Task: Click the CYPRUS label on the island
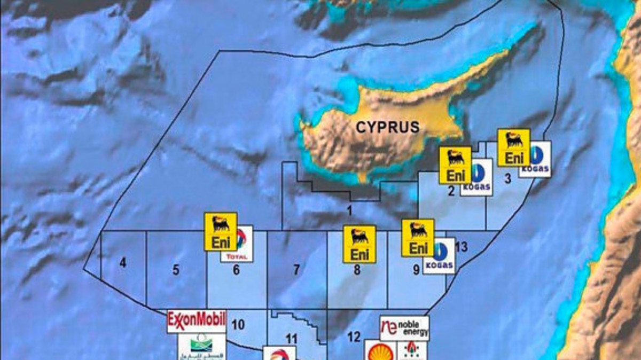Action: [x=388, y=127]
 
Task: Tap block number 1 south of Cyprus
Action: [x=349, y=210]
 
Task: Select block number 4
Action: [x=123, y=263]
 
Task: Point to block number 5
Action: [x=176, y=270]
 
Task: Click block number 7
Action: [x=296, y=270]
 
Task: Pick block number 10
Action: [x=238, y=324]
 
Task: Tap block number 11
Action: [x=291, y=338]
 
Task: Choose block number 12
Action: [x=354, y=336]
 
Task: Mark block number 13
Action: [x=462, y=247]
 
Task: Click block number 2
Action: [x=451, y=191]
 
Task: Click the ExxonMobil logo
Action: [x=196, y=320]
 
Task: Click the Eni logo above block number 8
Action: [x=359, y=244]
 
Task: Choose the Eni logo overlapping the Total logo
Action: [x=221, y=231]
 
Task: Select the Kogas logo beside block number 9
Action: [x=439, y=256]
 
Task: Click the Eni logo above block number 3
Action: [x=514, y=147]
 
